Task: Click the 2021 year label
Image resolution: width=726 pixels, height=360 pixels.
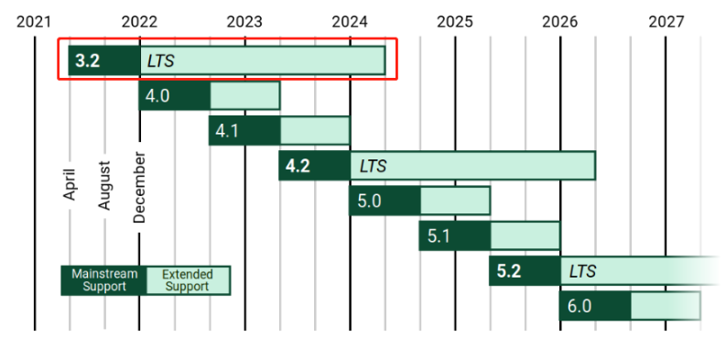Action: click(x=33, y=22)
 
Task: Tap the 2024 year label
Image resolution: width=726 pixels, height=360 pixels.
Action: click(x=350, y=22)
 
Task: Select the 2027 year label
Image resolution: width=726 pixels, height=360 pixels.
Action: click(x=666, y=22)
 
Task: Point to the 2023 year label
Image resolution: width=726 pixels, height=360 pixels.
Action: click(x=244, y=22)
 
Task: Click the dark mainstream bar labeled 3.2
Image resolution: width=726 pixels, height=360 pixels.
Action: click(x=104, y=60)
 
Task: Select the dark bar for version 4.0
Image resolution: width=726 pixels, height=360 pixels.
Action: click(x=175, y=96)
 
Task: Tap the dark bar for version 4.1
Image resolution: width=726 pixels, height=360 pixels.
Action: click(x=244, y=131)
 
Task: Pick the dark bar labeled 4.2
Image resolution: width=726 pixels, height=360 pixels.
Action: click(x=314, y=166)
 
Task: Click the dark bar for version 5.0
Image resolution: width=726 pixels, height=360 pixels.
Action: click(x=385, y=201)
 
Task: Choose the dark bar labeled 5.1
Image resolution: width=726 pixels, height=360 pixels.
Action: click(x=455, y=235)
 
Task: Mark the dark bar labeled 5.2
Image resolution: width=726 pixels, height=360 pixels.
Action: click(x=526, y=271)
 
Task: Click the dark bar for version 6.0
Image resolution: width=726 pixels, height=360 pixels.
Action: click(x=595, y=306)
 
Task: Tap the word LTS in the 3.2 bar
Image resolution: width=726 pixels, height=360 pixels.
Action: click(x=160, y=61)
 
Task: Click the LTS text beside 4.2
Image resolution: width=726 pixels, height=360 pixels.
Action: click(x=374, y=166)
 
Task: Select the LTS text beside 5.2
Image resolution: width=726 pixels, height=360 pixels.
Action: click(x=583, y=271)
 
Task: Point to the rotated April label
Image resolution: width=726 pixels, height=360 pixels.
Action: click(x=69, y=184)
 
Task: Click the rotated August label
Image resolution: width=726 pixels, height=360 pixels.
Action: click(x=104, y=185)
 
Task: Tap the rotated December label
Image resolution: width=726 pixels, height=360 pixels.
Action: click(x=139, y=187)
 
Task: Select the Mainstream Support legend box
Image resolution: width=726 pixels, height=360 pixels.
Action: click(x=104, y=280)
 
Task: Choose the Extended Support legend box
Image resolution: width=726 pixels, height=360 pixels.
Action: click(x=189, y=280)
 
